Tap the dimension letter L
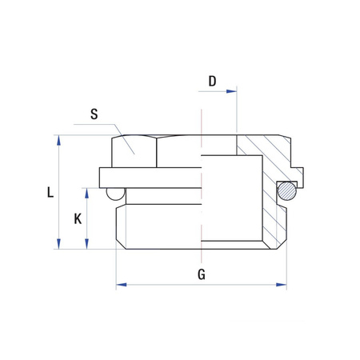[50, 192]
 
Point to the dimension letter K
[77, 218]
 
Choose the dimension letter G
[202, 274]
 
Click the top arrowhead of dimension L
[58, 138]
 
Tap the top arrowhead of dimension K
[86, 191]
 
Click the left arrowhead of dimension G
[121, 284]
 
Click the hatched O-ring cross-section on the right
[286, 190]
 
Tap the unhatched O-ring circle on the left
[116, 193]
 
